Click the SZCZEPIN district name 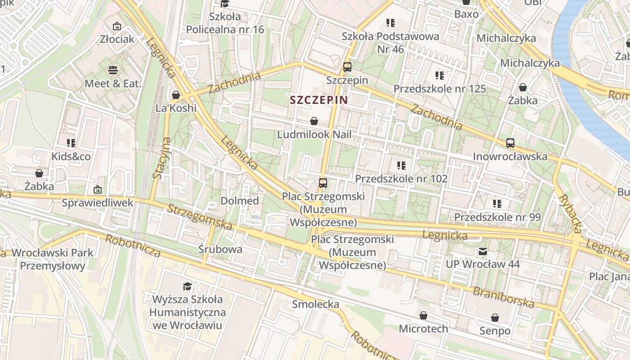[319, 100]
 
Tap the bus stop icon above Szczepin [347, 67]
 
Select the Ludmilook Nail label [314, 135]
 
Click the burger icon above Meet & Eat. [112, 70]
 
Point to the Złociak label [117, 39]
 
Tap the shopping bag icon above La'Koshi [176, 95]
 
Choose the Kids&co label [71, 157]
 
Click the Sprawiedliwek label [98, 203]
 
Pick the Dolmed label [239, 201]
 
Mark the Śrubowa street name [220, 249]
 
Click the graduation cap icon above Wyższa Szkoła [187, 286]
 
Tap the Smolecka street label [315, 304]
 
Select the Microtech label [423, 328]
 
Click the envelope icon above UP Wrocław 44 [483, 252]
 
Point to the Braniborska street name [504, 297]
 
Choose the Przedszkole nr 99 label [497, 217]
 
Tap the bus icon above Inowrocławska [510, 143]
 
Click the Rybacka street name [571, 214]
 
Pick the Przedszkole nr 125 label [440, 89]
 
